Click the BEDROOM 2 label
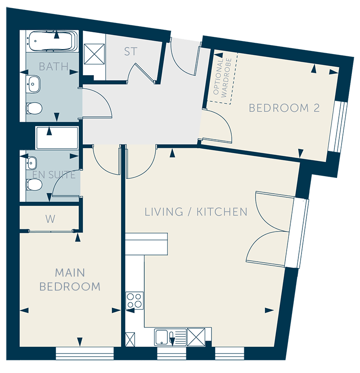[x=284, y=108]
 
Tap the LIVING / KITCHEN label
[x=196, y=212]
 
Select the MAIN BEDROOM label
[x=70, y=279]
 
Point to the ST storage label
[x=130, y=51]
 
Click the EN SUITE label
[x=54, y=175]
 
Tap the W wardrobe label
[x=50, y=219]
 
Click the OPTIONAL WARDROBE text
[x=222, y=78]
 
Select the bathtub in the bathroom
[x=52, y=41]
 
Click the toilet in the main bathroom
[x=34, y=108]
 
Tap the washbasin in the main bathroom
[x=33, y=84]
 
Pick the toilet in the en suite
[x=34, y=185]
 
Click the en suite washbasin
[x=31, y=163]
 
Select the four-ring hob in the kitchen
[x=135, y=300]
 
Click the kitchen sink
[x=171, y=337]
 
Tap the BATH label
[x=54, y=67]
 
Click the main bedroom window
[x=85, y=354]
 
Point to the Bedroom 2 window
[x=337, y=127]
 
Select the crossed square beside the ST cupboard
[x=94, y=54]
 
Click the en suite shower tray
[x=57, y=138]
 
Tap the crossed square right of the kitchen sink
[x=196, y=337]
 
